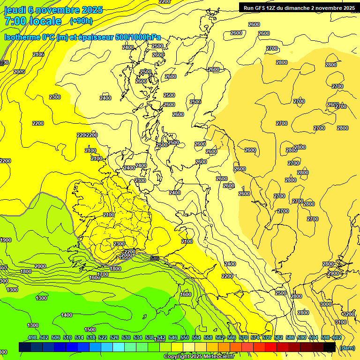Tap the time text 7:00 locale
(x=33, y=21)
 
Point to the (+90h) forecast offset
(x=81, y=21)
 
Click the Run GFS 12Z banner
(x=299, y=7)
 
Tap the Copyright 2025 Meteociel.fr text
(x=199, y=357)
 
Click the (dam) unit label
(x=347, y=347)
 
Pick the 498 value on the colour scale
(x=32, y=337)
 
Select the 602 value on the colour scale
(x=337, y=337)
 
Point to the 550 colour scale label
(x=185, y=337)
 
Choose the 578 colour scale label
(x=266, y=337)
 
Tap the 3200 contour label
(x=348, y=314)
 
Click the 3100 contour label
(x=341, y=322)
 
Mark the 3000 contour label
(x=325, y=304)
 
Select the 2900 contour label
(x=333, y=273)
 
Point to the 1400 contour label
(x=67, y=315)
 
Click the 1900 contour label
(x=6, y=240)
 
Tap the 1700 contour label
(x=103, y=274)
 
